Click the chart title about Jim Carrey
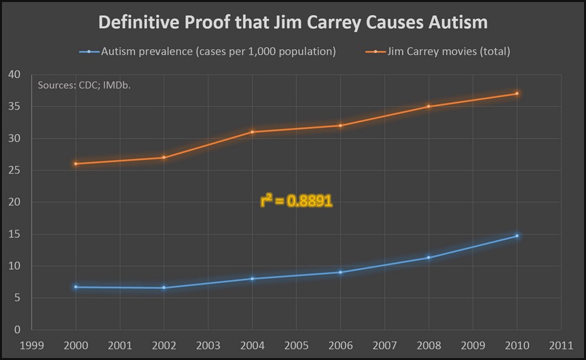pos(292,22)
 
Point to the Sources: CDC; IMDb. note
pos(84,85)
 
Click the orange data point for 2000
pos(75,163)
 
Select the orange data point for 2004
pos(252,132)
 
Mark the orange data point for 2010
pos(517,94)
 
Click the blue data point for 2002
pos(164,288)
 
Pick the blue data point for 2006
pos(341,272)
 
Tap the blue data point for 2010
pos(517,236)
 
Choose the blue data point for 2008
pos(429,258)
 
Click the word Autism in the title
pos(456,22)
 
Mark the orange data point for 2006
pos(341,125)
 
